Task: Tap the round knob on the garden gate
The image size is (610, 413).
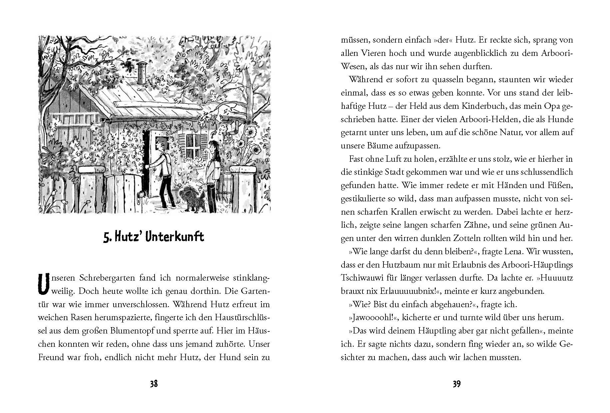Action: (142, 194)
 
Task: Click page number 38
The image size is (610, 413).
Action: (154, 384)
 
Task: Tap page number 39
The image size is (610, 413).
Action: (457, 384)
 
